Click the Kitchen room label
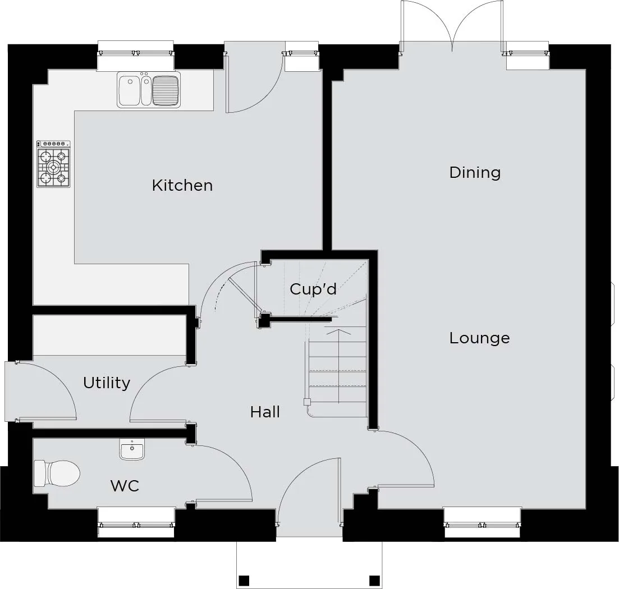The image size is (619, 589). [182, 186]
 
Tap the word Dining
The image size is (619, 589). [475, 172]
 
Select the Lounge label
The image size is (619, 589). [479, 338]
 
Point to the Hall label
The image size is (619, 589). [265, 412]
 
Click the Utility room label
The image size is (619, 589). [107, 383]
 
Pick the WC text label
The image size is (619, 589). [125, 486]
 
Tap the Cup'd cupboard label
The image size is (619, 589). [313, 289]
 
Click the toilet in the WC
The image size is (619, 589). [57, 473]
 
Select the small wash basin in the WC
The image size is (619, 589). [132, 449]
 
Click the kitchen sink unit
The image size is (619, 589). [149, 90]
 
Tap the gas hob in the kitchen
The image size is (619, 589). [53, 164]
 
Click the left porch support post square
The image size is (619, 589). [244, 581]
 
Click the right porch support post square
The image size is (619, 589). [374, 581]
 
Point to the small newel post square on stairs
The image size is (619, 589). [307, 402]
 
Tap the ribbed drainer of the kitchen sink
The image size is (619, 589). [166, 90]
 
